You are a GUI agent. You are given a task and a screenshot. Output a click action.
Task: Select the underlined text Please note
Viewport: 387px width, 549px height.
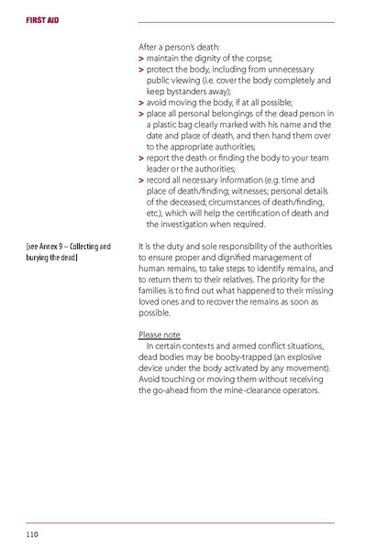coord(158,335)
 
